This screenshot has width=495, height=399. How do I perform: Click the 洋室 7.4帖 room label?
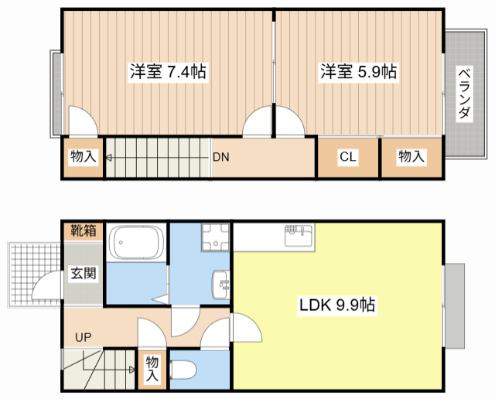tap(167, 72)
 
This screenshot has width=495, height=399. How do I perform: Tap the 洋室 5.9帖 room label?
tap(359, 72)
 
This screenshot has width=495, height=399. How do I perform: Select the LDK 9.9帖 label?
tap(337, 305)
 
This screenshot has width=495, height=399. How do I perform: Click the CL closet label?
tap(347, 157)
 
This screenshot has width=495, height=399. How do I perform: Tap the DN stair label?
tap(221, 156)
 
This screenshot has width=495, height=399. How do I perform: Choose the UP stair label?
tap(82, 337)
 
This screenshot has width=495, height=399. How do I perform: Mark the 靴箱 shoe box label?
tap(84, 230)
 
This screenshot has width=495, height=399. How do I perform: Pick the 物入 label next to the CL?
tap(411, 157)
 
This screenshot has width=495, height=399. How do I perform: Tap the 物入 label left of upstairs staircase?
tap(83, 157)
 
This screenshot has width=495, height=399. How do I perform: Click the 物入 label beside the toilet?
tap(152, 369)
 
